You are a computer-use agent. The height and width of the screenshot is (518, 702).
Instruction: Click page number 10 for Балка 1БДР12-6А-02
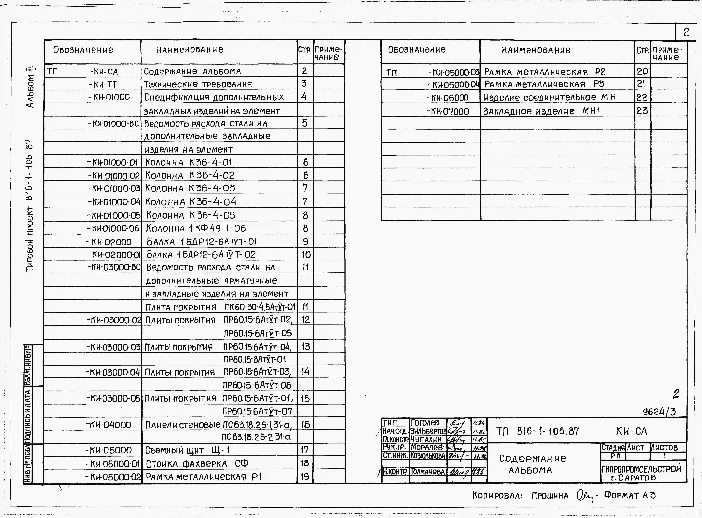click(306, 254)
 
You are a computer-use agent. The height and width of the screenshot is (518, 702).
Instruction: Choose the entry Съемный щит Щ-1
click(187, 450)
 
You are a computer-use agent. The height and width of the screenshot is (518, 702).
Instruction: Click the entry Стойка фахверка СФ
click(197, 463)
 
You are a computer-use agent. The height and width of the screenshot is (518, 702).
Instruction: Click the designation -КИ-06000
click(448, 98)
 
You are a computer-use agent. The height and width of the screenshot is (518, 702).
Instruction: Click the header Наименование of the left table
click(190, 50)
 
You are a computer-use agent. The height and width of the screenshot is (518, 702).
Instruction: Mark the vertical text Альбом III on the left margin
click(30, 87)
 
